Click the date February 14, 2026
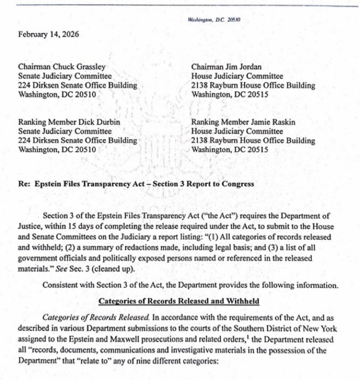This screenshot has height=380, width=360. point(48,34)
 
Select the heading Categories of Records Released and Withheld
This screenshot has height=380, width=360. point(178,301)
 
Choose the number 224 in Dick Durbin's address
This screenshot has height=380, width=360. point(24,140)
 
